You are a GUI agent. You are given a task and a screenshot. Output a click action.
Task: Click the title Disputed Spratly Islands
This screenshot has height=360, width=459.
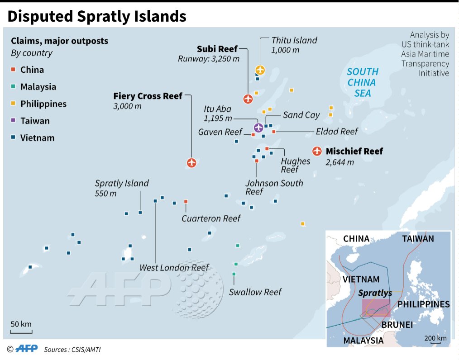coord(97,16)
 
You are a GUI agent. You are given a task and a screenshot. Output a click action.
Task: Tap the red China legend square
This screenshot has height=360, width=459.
coord(14,70)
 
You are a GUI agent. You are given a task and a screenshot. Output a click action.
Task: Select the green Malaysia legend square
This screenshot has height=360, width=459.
coord(14,87)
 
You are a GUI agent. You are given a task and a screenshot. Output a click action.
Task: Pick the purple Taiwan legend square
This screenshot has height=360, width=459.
coord(14,121)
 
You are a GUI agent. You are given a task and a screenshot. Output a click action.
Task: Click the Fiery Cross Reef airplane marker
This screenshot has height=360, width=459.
coord(191,162)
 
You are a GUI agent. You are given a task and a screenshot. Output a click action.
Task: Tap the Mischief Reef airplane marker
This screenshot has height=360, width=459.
coord(317,151)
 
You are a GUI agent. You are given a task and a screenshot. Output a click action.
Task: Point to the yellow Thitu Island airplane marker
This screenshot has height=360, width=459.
coord(260,70)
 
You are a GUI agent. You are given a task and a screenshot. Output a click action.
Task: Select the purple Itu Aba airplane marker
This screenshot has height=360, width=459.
coord(258,128)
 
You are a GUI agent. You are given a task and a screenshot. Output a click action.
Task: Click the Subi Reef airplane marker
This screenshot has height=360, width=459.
coord(248,98)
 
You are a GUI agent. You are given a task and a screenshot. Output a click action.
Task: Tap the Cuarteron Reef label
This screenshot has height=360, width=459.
coord(211,218)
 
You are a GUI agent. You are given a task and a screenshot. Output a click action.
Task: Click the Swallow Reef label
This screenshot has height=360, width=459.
coord(255,292)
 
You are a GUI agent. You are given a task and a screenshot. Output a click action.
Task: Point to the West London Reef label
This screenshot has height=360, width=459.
coord(174,268)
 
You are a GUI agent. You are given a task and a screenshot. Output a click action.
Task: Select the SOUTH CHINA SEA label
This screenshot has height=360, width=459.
coord(362,82)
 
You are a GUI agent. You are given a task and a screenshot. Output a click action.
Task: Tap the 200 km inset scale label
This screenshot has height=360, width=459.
coord(435,338)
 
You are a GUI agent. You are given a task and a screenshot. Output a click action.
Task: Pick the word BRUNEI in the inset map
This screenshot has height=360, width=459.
coord(397,324)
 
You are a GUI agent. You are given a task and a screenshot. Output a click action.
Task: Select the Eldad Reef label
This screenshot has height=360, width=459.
coord(337,131)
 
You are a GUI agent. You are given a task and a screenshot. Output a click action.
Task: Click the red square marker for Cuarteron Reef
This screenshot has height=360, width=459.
coord(186,202)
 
